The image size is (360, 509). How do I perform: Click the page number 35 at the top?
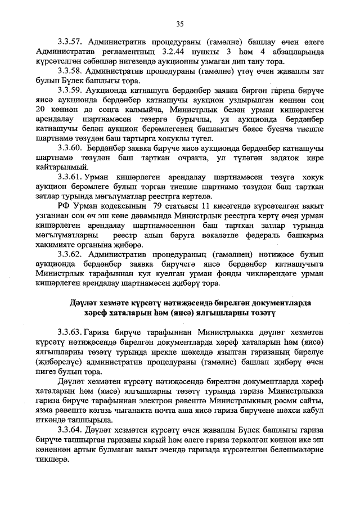tap(180, 24)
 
